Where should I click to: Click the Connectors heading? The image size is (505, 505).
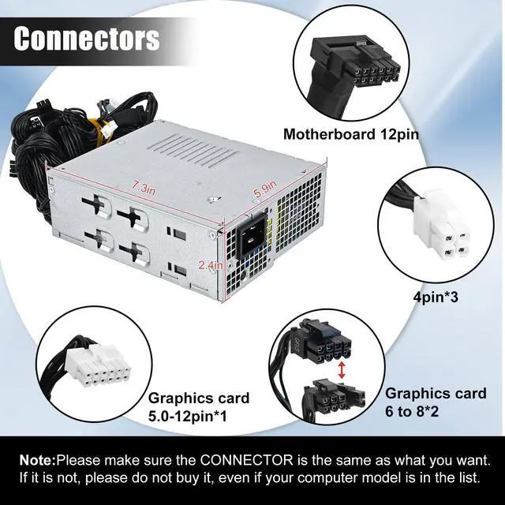[x=87, y=39]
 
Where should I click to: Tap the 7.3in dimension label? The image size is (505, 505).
[x=145, y=187]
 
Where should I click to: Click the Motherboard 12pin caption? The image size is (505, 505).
[x=350, y=133]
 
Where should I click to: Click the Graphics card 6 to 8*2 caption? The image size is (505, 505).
[x=436, y=401]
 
